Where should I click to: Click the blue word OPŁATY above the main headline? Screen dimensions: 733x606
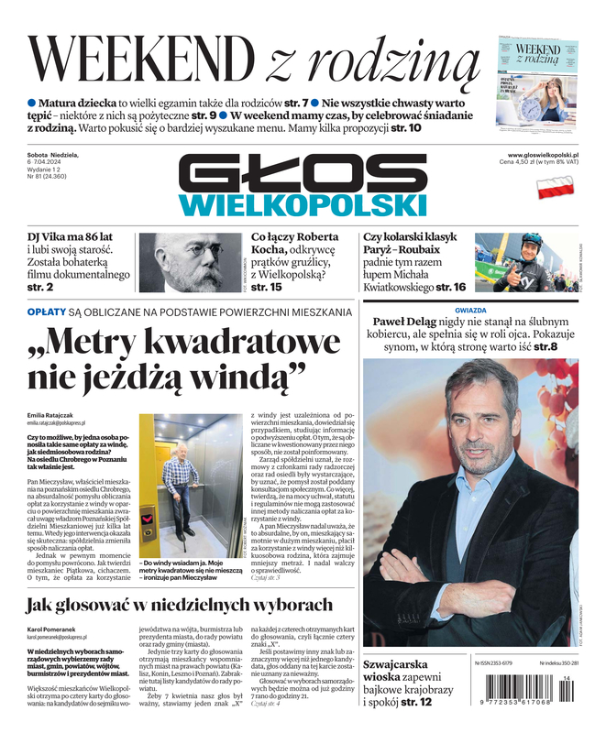tap(47, 312)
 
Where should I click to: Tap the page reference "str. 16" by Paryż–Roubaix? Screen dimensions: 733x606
tap(447, 287)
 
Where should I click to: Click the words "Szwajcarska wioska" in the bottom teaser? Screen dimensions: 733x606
tap(397, 672)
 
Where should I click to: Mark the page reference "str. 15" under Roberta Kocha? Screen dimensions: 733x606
tap(266, 288)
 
